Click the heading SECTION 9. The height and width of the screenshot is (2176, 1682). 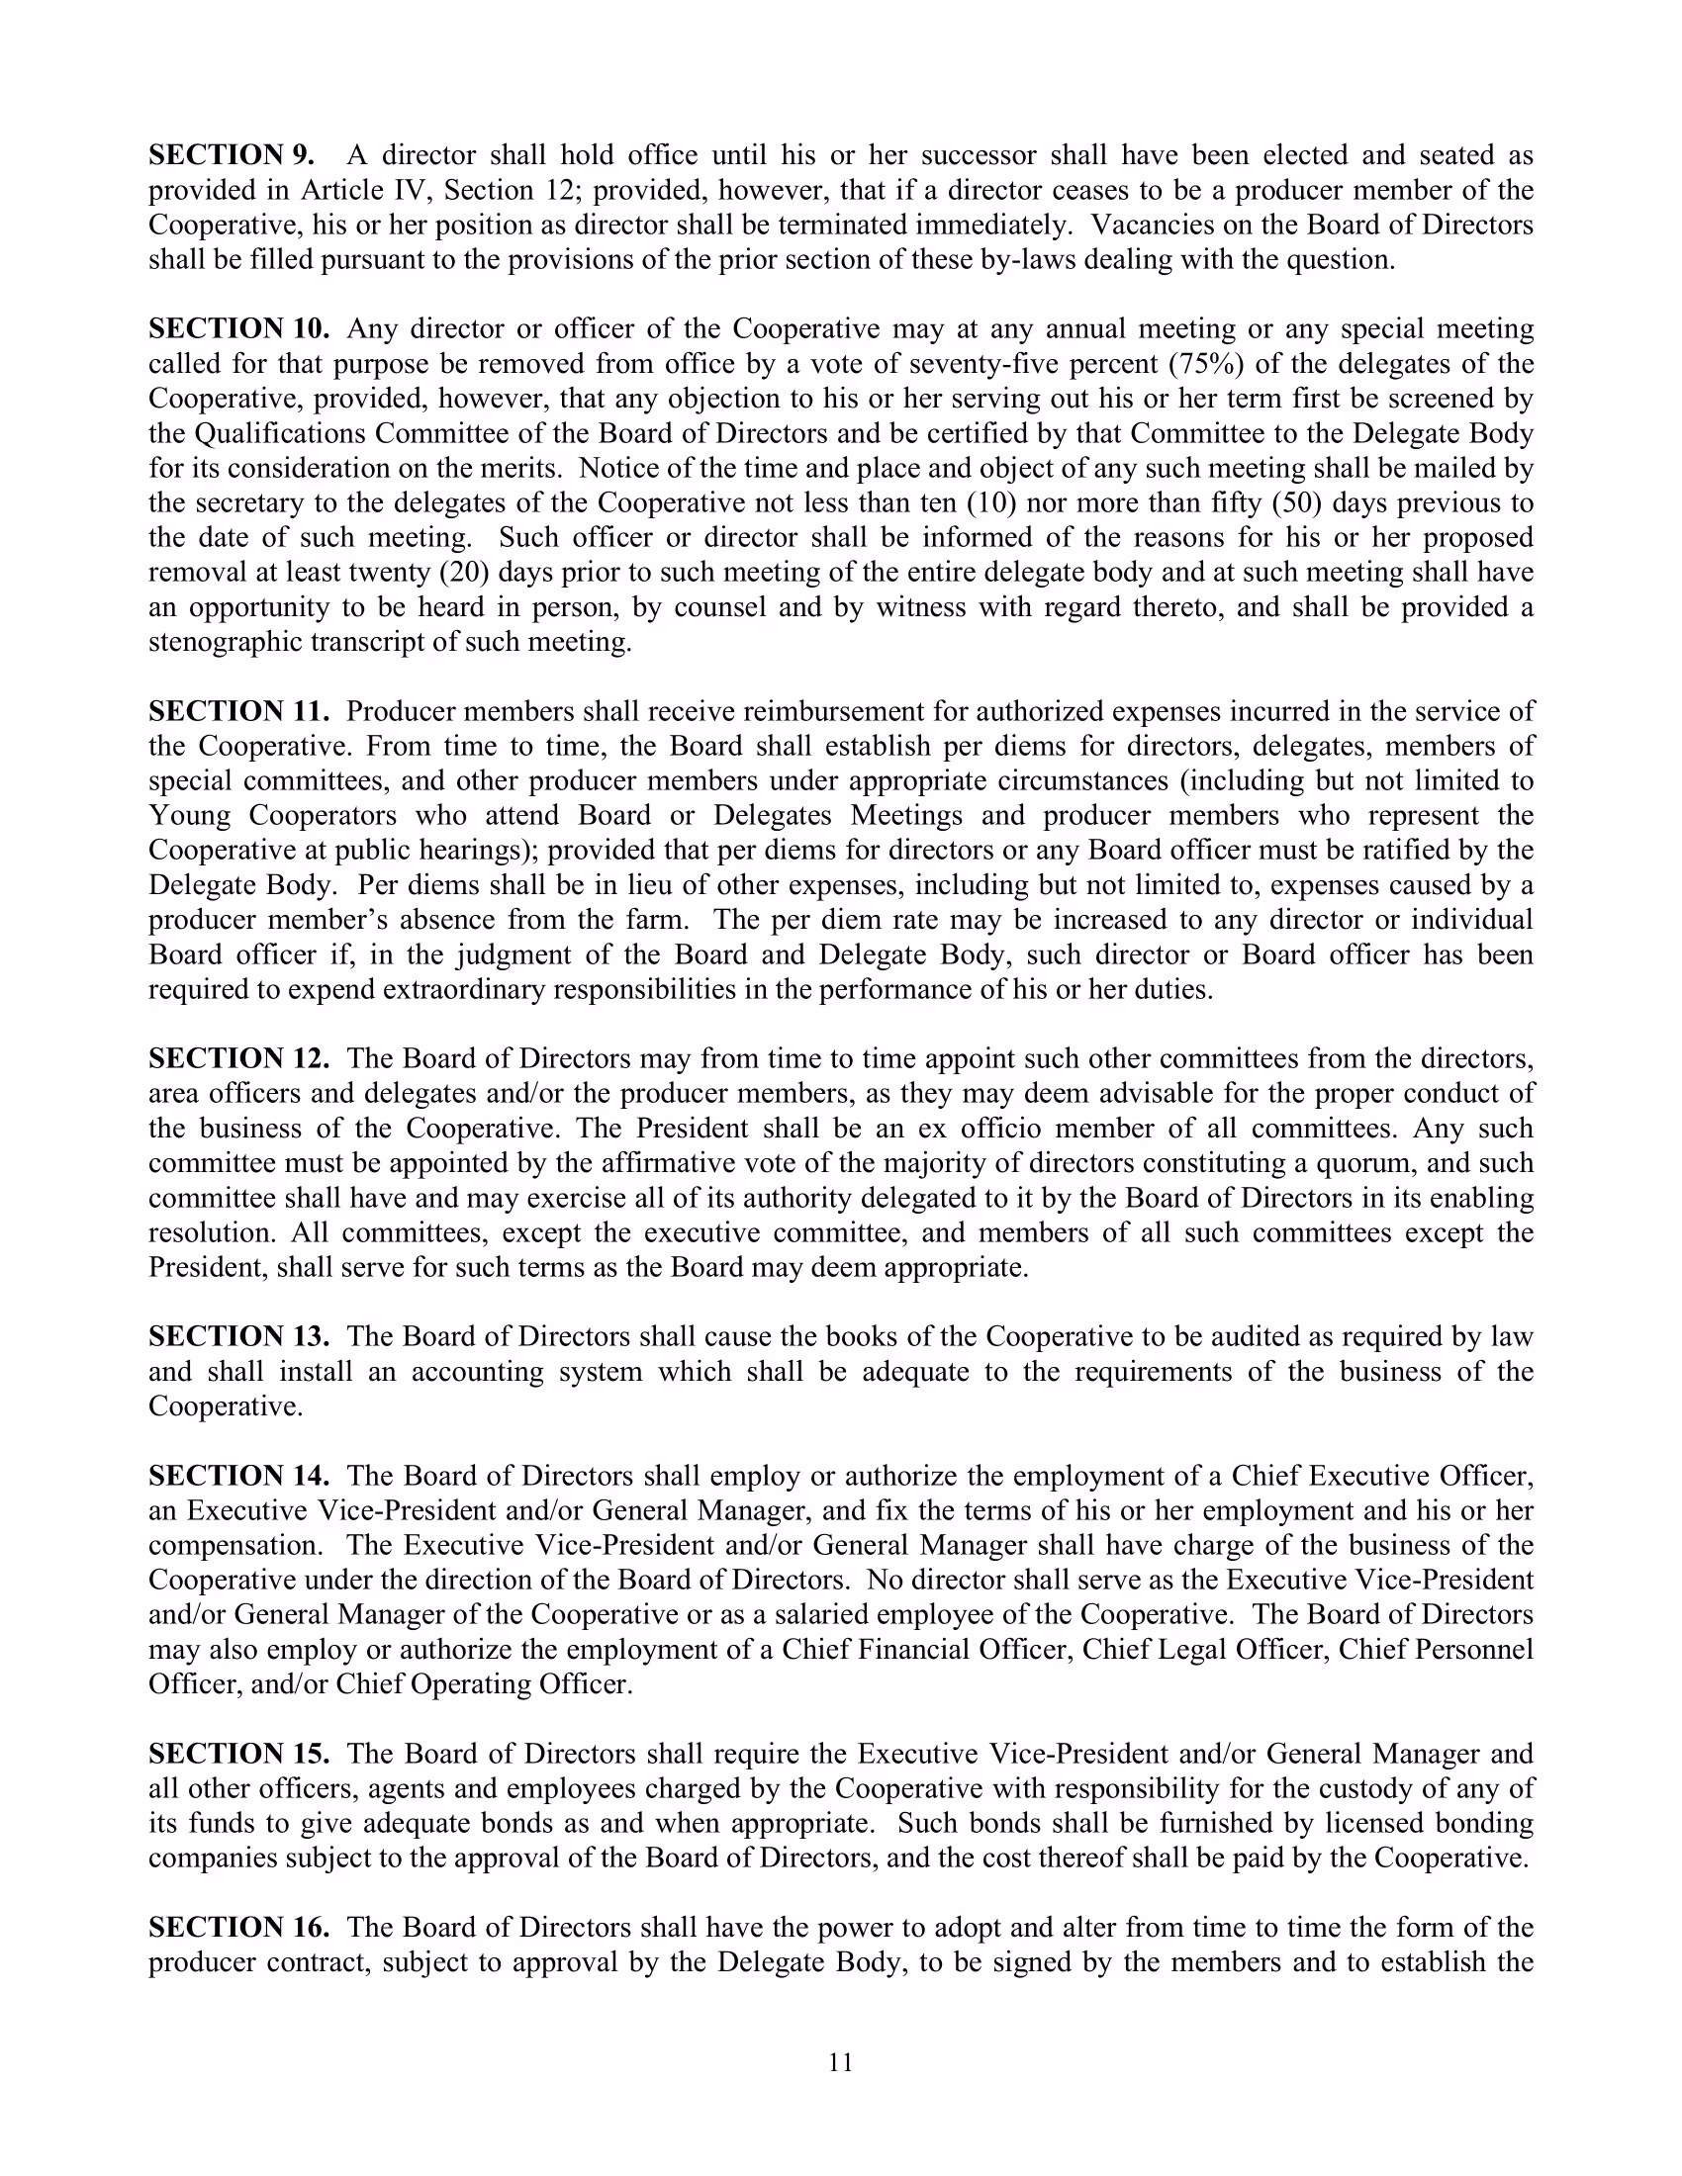232,155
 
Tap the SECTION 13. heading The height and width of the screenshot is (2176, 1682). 239,1336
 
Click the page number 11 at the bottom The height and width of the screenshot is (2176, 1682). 841,2062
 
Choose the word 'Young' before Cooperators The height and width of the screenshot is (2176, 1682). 189,816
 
